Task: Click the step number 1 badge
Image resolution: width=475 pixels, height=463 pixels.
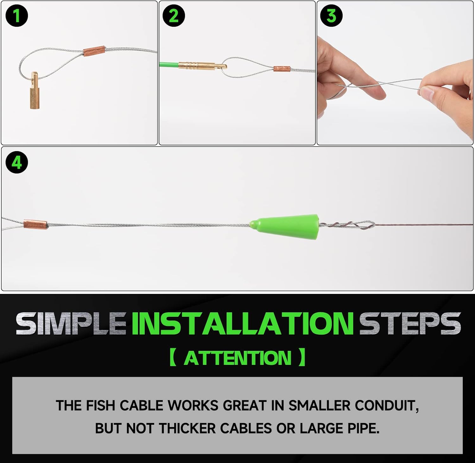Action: [17, 16]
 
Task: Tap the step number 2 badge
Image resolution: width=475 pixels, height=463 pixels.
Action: [174, 16]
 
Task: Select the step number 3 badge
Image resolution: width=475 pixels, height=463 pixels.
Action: [331, 16]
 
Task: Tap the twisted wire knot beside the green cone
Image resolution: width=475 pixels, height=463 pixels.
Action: [347, 225]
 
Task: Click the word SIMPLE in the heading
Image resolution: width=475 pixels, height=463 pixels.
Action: [71, 323]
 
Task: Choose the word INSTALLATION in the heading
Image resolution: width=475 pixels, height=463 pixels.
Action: [243, 323]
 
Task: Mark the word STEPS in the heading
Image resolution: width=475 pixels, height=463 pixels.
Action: [410, 323]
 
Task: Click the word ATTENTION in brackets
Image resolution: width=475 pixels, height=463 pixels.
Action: [237, 358]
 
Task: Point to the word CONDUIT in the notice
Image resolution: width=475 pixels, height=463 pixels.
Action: [387, 405]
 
